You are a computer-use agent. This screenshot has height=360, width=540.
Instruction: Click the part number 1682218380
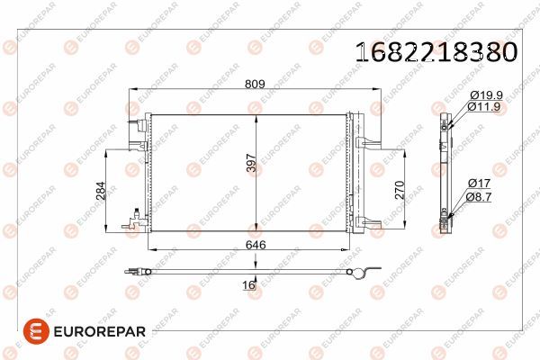coord(438,51)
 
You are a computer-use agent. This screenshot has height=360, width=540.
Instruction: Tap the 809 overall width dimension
coord(255,85)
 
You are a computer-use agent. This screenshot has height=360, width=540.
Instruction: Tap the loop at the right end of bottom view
coord(361,275)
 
